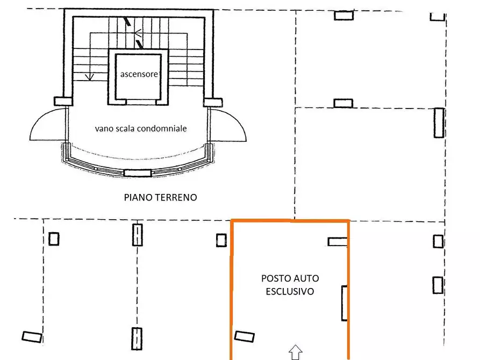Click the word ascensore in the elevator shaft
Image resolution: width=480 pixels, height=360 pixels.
pos(139,74)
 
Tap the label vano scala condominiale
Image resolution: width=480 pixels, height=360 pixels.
pos(141,129)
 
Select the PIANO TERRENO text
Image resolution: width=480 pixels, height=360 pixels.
pos(160,198)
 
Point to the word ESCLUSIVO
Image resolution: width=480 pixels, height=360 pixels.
pos(290,291)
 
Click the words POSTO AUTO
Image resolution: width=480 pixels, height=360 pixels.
pos(290,278)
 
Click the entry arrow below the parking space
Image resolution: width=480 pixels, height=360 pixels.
pos(295,352)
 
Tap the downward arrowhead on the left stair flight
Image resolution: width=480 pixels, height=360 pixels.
pos(90,76)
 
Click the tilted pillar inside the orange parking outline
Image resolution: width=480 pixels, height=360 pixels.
pos(245,336)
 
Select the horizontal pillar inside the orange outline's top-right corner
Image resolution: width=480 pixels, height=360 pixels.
pos(338,242)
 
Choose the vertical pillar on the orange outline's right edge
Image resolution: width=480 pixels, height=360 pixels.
pos(345,304)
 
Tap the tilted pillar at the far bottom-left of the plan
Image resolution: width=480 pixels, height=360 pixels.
pos(32,337)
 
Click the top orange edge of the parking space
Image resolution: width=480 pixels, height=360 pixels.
pos(290,221)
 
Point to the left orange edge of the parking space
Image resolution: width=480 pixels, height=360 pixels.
pos(232,290)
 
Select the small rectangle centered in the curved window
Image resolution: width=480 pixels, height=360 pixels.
pos(138,172)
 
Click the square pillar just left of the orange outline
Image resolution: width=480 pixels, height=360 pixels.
pos(221,240)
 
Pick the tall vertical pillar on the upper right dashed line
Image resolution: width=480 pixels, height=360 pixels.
pos(439,123)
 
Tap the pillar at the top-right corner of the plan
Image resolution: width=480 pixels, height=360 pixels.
pos(438,17)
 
